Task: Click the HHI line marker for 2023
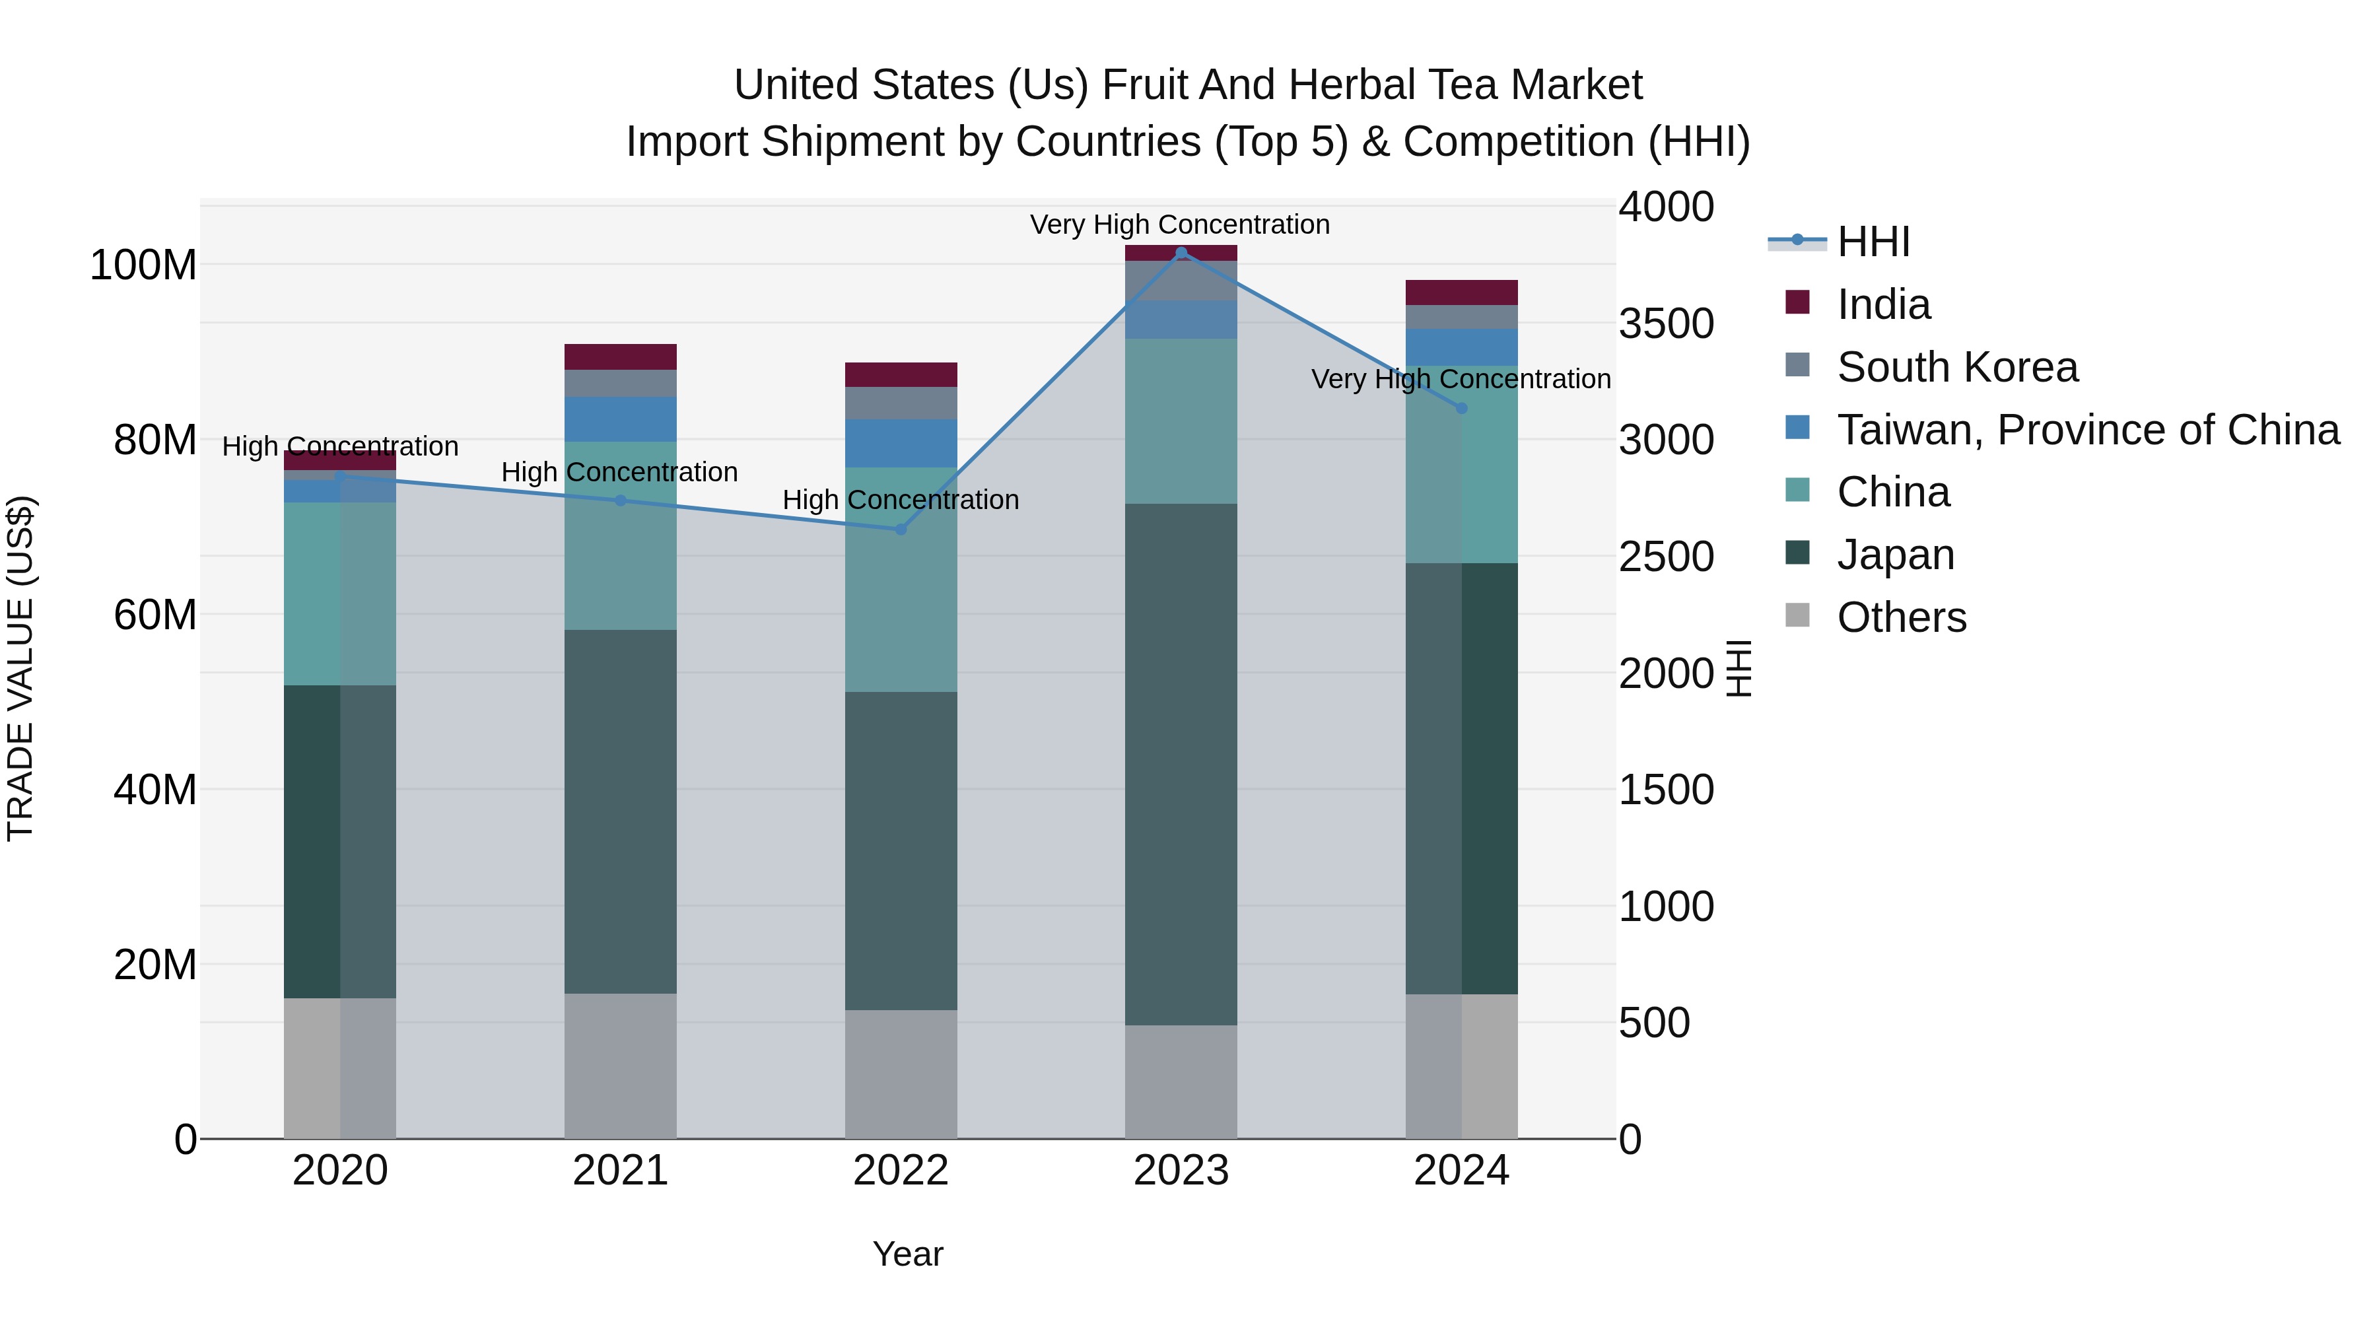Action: point(1181,253)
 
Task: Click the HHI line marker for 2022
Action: point(901,530)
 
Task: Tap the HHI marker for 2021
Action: point(620,501)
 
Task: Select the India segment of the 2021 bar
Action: point(620,357)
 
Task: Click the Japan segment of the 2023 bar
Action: point(1181,764)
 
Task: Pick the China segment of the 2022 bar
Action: point(901,580)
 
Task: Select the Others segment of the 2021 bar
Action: point(620,1066)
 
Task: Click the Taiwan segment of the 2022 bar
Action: point(901,444)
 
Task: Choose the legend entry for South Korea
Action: point(1956,367)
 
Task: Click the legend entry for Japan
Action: point(1894,555)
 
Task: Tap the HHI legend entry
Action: point(1873,242)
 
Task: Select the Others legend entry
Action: point(1901,617)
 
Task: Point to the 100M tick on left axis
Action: point(143,265)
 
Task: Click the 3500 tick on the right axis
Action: point(1666,324)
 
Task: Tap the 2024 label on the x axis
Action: point(1462,1171)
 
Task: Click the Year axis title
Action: point(908,1254)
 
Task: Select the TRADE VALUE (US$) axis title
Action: point(21,668)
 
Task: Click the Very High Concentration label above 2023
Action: point(1179,224)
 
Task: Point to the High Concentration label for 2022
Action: point(901,500)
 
